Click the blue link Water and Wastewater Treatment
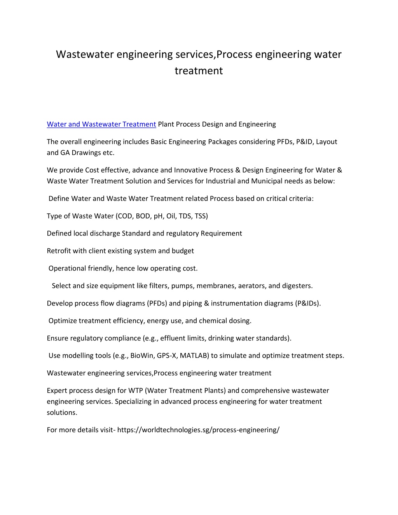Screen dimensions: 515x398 101,124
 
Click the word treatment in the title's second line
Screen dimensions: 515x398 199,71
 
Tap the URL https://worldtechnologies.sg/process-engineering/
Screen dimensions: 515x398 198,430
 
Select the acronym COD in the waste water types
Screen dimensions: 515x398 126,216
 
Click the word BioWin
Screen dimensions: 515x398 142,356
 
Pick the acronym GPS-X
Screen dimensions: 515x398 167,356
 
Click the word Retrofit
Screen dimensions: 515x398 59,251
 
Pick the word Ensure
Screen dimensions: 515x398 58,339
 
